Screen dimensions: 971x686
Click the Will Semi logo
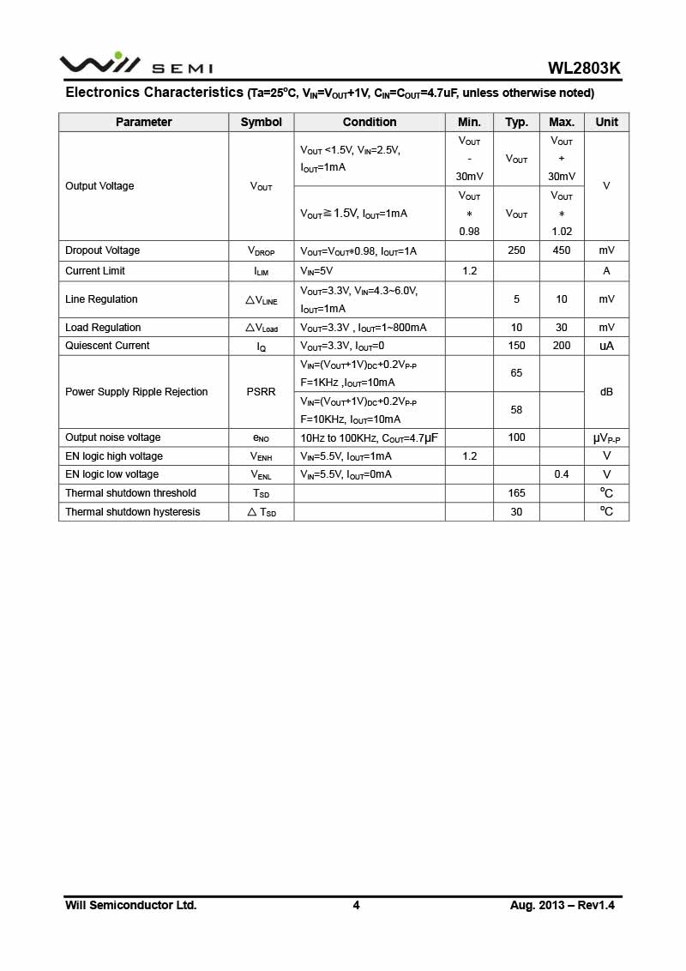[135, 64]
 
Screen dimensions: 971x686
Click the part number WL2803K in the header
[584, 69]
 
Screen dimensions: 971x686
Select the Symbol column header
[261, 122]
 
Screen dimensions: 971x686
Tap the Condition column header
[370, 122]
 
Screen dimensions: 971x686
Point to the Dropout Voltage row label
[102, 250]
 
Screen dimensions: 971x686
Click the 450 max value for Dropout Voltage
[562, 250]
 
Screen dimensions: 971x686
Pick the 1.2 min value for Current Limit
[469, 271]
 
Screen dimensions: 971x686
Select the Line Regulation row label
[101, 299]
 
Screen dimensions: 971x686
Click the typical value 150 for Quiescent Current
[516, 346]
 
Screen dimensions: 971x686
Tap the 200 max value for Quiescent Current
[562, 346]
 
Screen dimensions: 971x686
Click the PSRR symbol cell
[261, 392]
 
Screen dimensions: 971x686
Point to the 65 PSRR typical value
[516, 373]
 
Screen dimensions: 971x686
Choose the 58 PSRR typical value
[516, 410]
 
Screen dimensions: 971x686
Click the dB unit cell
[606, 392]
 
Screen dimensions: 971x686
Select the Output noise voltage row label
[112, 437]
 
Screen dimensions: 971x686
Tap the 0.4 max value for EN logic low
[562, 474]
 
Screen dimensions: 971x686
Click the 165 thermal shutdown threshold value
[516, 493]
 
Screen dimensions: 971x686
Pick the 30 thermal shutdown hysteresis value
[516, 512]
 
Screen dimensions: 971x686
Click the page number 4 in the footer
[356, 905]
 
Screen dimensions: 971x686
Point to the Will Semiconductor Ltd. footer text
[131, 905]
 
